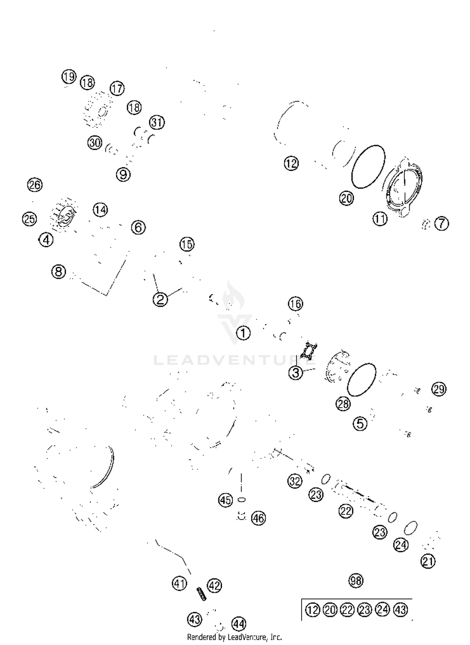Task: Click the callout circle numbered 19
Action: (69, 77)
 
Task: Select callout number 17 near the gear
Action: (117, 89)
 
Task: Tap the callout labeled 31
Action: (157, 122)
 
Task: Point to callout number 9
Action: (123, 174)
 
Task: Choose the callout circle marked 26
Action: (35, 185)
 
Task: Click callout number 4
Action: (46, 240)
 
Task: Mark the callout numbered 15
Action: (187, 244)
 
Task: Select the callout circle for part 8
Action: (59, 271)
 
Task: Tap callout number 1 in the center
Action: (243, 333)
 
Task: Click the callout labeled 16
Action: (295, 304)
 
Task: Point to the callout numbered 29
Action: (439, 389)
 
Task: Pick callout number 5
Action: (360, 424)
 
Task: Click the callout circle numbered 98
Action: (356, 581)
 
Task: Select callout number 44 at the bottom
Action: (239, 624)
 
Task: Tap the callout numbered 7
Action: (442, 224)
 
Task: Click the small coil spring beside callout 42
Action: (201, 594)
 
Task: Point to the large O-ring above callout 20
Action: (368, 167)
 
